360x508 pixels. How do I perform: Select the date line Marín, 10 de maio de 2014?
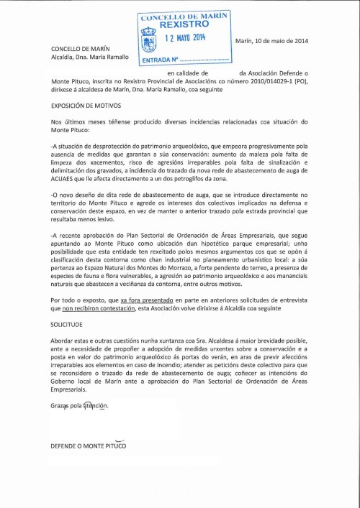click(x=271, y=40)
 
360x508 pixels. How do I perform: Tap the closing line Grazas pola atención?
click(x=79, y=406)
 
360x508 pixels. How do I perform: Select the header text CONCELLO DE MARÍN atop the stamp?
click(x=184, y=14)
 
